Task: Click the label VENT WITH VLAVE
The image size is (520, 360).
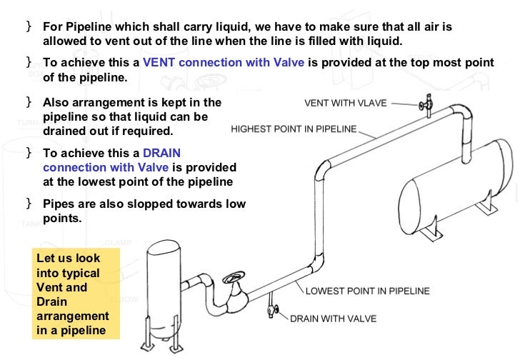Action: [x=345, y=103]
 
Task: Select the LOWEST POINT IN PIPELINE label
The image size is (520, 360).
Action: [x=368, y=291]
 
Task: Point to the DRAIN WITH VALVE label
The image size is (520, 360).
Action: [x=333, y=319]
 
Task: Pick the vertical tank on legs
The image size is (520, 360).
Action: [x=168, y=286]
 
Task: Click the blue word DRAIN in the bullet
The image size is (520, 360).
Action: [x=161, y=153]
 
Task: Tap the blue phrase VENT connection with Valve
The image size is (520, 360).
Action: [x=224, y=62]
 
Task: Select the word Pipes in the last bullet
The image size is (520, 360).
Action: [x=58, y=204]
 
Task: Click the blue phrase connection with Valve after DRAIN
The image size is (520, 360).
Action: [x=106, y=167]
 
